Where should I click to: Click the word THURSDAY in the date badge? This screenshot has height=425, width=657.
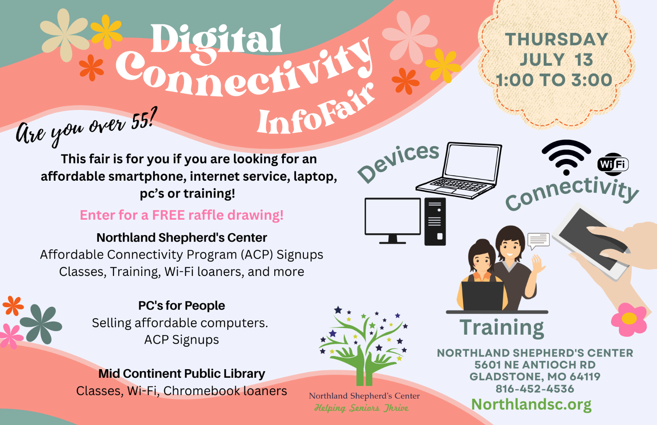pos(556,39)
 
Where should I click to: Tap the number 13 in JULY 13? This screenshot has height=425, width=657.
pos(584,60)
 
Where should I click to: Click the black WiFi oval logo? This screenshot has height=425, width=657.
pos(613,164)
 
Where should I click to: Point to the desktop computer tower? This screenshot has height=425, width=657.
pos(435,221)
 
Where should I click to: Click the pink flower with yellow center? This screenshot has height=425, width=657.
pos(629,319)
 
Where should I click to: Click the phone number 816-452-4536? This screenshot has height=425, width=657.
pos(535,388)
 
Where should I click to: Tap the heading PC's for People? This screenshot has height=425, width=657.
pos(181,306)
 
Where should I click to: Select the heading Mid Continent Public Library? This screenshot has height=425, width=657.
pos(181,374)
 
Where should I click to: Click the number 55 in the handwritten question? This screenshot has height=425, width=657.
pos(140,121)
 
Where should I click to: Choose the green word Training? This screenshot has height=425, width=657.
pos(501,328)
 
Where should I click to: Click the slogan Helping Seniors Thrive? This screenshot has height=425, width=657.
pos(361,408)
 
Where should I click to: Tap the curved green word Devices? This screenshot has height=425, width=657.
pos(398,163)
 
